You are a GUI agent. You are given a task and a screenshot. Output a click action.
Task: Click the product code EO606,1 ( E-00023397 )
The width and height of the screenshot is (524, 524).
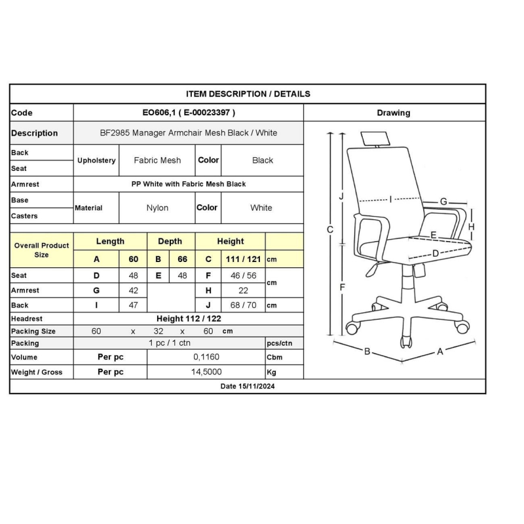(x=189, y=113)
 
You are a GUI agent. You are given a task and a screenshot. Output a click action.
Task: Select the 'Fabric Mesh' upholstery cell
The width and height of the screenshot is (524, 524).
(x=157, y=160)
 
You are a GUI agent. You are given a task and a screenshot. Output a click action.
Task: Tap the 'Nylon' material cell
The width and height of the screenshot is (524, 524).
(x=157, y=208)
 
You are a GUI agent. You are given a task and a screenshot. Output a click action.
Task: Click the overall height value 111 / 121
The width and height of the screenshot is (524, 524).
(x=243, y=259)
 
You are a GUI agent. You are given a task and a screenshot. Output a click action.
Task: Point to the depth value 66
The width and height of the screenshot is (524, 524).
(x=182, y=259)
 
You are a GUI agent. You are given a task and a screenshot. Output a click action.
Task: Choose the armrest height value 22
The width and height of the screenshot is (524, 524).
(x=243, y=290)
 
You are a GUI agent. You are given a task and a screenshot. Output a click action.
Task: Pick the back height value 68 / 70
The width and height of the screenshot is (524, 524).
(x=243, y=305)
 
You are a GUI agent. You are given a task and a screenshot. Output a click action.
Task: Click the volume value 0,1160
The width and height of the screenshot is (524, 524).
(x=206, y=357)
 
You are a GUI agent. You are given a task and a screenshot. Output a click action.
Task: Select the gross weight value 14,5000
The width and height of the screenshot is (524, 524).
(x=206, y=371)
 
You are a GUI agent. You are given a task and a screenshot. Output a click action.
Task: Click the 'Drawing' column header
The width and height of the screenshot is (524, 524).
(x=394, y=113)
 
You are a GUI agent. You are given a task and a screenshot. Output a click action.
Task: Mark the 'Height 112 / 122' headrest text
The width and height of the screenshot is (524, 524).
(x=189, y=318)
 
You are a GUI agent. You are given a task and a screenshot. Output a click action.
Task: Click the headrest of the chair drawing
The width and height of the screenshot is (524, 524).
(x=375, y=138)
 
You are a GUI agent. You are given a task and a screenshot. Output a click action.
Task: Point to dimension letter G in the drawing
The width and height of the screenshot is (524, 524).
(x=443, y=202)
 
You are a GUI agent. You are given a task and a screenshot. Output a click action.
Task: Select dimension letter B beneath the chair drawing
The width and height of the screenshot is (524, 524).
(x=367, y=351)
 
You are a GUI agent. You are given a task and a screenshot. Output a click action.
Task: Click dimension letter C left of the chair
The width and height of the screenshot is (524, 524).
(x=330, y=230)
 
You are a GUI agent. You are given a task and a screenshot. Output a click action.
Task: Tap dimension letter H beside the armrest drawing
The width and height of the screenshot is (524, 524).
(x=471, y=227)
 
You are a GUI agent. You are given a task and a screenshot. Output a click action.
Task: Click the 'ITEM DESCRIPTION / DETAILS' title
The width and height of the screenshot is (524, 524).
(x=248, y=94)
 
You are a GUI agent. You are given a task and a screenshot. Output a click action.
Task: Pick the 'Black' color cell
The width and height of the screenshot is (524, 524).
(x=263, y=160)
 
